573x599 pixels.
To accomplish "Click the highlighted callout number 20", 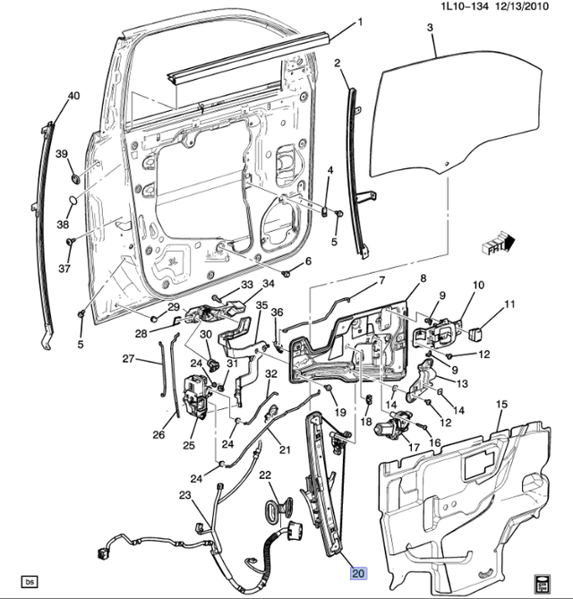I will coord(359,574).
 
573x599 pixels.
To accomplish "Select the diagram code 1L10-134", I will coord(465,8).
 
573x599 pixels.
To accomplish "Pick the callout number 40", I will coord(73,96).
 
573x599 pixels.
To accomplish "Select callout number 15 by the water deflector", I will coord(502,406).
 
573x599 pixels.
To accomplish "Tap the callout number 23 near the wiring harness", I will coord(184,495).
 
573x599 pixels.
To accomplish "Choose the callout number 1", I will coord(360,22).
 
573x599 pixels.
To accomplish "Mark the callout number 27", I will coord(128,359).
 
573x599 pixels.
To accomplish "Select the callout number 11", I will coord(509,305).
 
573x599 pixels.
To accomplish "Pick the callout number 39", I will coord(63,155).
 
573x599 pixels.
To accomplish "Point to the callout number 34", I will coord(269,285).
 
